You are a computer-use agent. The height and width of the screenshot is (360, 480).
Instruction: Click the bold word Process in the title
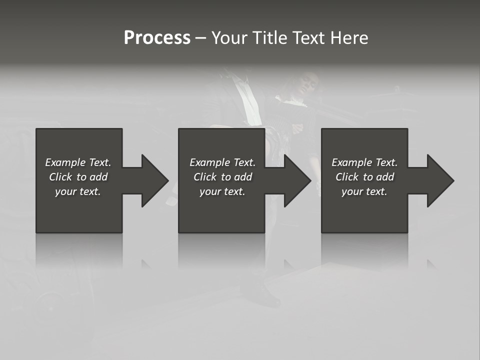pyautogui.click(x=157, y=38)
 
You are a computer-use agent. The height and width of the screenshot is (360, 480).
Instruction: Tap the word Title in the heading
pyautogui.click(x=269, y=38)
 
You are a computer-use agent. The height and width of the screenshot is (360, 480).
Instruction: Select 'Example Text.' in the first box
pyautogui.click(x=78, y=162)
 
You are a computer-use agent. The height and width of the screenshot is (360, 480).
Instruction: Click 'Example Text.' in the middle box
pyautogui.click(x=222, y=162)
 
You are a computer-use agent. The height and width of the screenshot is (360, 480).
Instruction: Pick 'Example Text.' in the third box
pyautogui.click(x=364, y=162)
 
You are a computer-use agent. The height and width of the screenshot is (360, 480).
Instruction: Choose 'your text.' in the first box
pyautogui.click(x=78, y=191)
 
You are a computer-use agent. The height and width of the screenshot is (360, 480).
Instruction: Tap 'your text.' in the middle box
pyautogui.click(x=222, y=191)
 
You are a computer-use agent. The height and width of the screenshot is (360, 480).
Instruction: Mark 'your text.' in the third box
pyautogui.click(x=364, y=191)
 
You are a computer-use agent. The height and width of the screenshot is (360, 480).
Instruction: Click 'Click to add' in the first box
pyautogui.click(x=78, y=177)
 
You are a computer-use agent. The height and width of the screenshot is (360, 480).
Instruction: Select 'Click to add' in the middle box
pyautogui.click(x=222, y=177)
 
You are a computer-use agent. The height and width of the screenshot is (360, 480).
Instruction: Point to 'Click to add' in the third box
pyautogui.click(x=364, y=177)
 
